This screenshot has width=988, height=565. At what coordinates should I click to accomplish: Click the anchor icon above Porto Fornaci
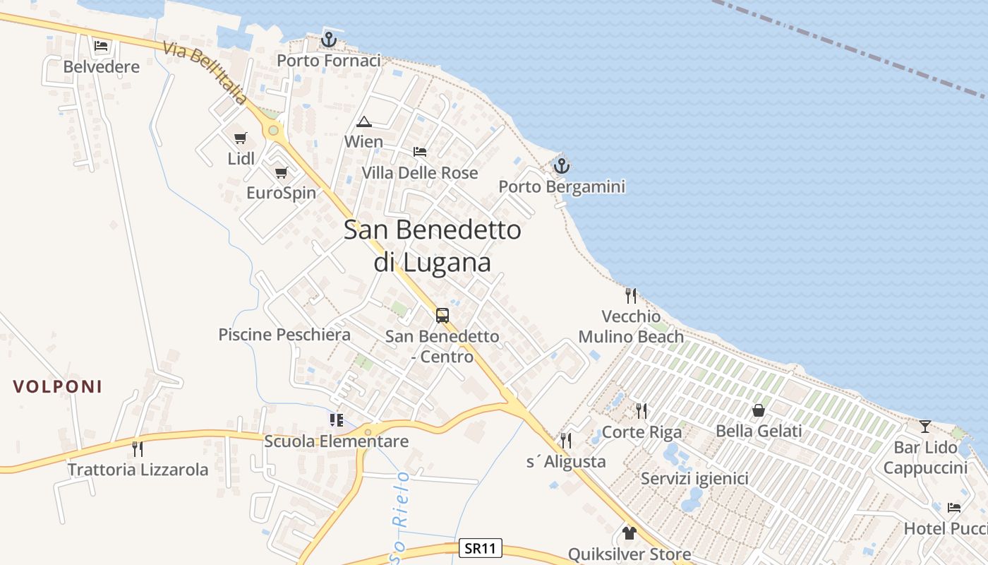click(328, 40)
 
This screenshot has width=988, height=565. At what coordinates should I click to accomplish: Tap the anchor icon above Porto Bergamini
click(561, 166)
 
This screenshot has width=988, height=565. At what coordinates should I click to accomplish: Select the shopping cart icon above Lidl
click(241, 138)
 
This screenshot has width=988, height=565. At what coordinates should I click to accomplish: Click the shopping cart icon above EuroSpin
click(282, 172)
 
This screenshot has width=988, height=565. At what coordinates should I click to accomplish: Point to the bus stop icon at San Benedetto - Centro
click(442, 316)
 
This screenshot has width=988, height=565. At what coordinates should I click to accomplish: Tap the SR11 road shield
click(481, 548)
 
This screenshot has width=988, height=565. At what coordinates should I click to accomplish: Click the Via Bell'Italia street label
click(205, 73)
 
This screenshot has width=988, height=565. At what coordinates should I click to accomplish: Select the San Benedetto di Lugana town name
click(433, 246)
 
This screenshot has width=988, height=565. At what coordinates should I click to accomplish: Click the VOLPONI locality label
click(58, 386)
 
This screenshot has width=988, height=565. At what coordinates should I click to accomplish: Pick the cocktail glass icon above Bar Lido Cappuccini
click(925, 426)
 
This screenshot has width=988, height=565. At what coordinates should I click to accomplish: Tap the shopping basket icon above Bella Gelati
click(759, 410)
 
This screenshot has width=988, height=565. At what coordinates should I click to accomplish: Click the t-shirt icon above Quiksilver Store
click(629, 533)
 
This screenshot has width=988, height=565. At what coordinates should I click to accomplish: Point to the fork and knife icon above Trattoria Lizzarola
click(138, 448)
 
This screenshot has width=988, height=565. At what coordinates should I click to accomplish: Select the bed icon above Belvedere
click(101, 47)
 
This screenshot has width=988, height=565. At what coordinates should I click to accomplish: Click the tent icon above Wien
click(363, 121)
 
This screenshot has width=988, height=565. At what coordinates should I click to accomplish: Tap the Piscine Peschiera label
click(284, 335)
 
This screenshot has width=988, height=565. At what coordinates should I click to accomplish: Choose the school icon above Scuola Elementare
click(337, 420)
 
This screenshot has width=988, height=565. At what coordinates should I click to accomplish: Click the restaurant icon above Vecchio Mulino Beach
click(631, 295)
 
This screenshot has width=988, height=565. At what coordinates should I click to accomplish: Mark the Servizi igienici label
click(694, 479)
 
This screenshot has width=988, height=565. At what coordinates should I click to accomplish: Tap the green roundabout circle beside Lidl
click(273, 131)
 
